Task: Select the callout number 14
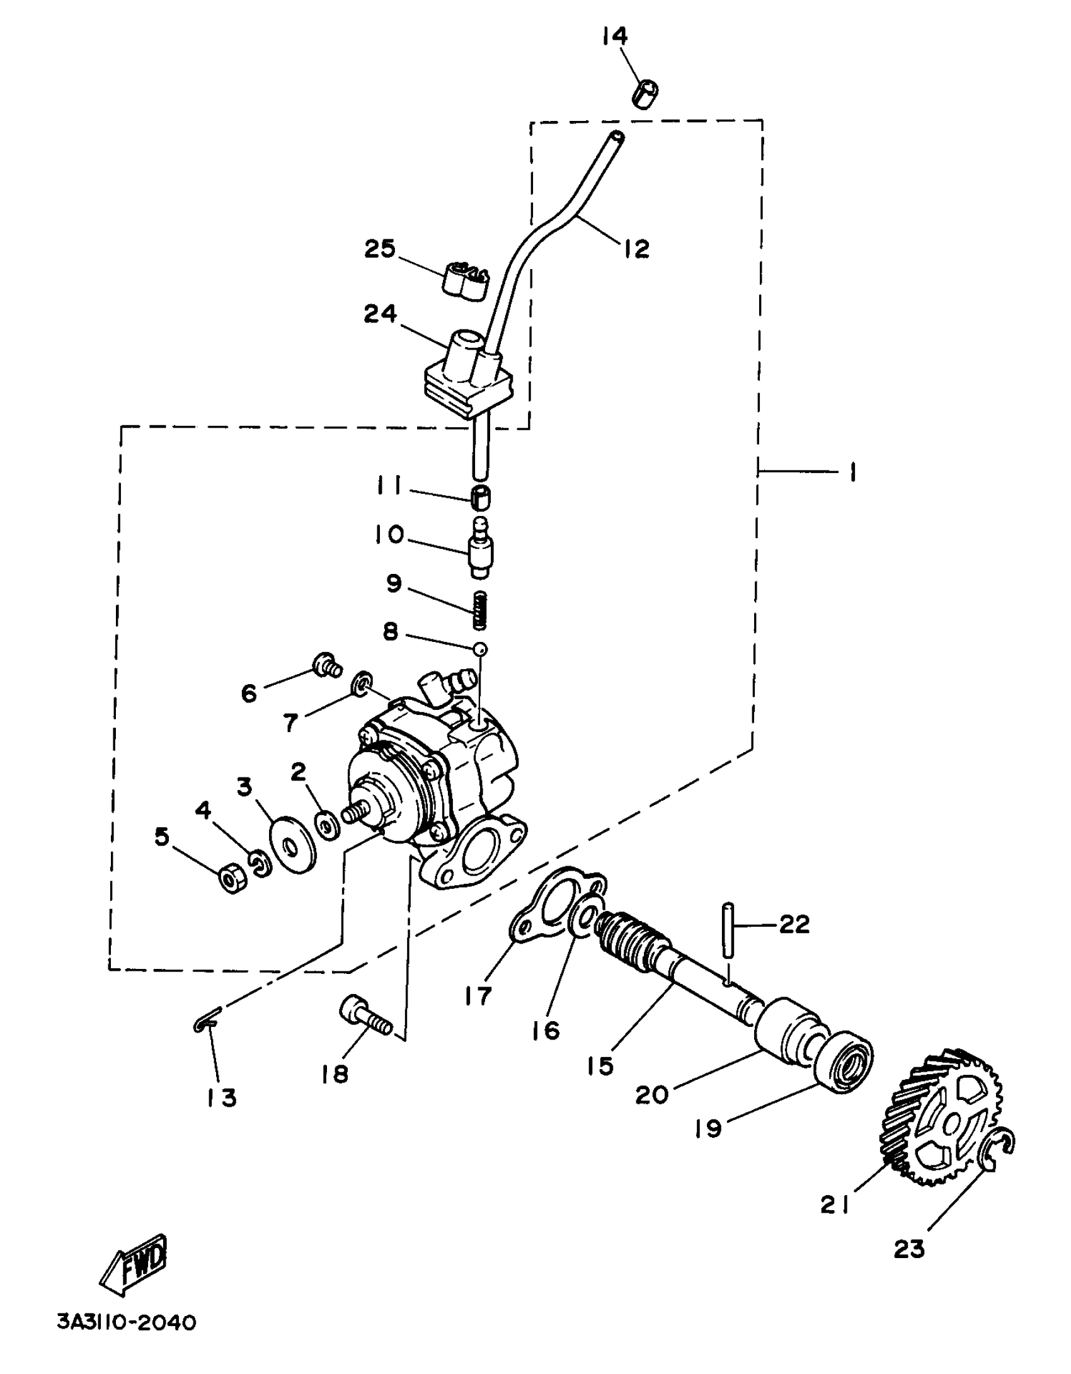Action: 614,36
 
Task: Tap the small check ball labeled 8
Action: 480,649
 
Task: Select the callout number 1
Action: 852,471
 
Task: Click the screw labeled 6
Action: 327,666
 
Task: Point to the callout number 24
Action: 381,313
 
